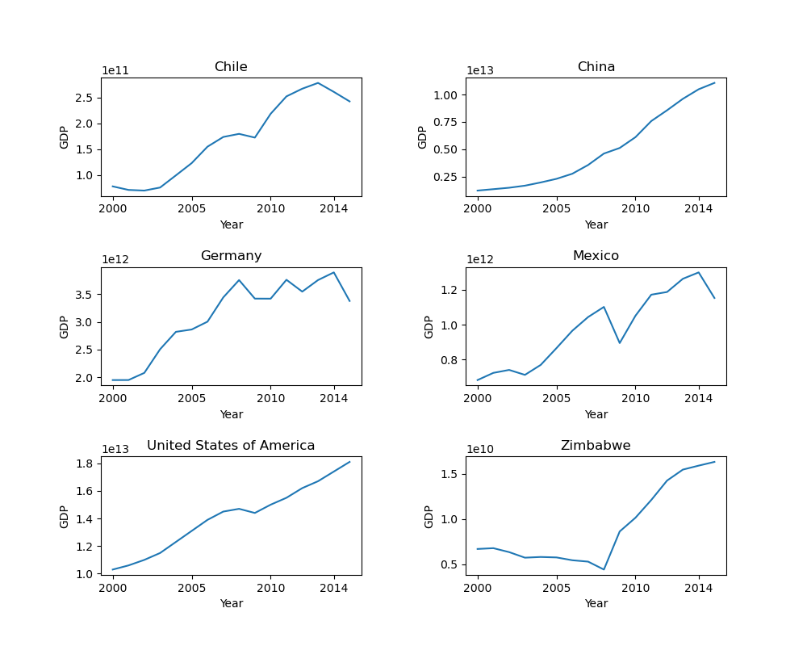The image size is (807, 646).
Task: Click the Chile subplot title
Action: [x=231, y=67]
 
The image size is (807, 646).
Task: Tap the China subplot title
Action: [x=596, y=67]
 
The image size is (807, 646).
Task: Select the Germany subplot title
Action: [x=231, y=256]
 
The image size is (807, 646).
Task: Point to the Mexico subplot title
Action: [x=596, y=256]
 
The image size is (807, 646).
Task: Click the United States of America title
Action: [x=231, y=446]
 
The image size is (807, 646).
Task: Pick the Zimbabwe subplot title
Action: [x=596, y=446]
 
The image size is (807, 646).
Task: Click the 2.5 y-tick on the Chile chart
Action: [x=86, y=98]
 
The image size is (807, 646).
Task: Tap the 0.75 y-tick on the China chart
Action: [x=446, y=122]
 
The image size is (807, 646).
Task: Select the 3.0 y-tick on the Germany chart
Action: [x=86, y=322]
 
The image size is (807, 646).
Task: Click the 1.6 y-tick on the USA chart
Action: [x=86, y=491]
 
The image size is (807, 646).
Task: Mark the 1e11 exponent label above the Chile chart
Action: [x=115, y=71]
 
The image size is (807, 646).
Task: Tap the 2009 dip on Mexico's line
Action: [x=620, y=343]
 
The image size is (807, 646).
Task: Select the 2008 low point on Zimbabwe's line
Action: [x=604, y=569]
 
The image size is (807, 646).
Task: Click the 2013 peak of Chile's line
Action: [x=318, y=82]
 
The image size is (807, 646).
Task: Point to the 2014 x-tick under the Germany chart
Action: [x=333, y=398]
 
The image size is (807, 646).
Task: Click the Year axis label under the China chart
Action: [x=596, y=224]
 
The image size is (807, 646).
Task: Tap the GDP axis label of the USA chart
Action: [x=65, y=516]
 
